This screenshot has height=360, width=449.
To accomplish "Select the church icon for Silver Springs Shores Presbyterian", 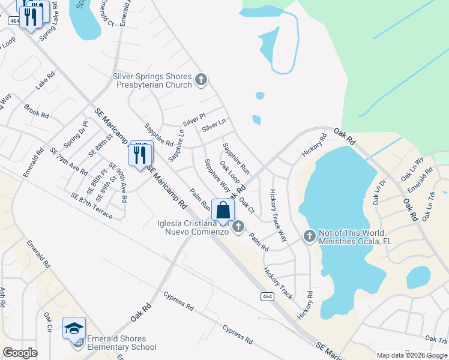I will click(201, 79).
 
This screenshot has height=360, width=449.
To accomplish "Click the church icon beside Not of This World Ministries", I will click(310, 235).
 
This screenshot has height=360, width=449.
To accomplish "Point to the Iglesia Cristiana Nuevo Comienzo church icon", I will click(239, 226).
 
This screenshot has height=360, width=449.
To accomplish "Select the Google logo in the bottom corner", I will click(20, 353).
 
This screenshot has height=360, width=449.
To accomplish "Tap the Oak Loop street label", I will click(230, 173).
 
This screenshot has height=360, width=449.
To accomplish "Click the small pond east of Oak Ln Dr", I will click(418, 277).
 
